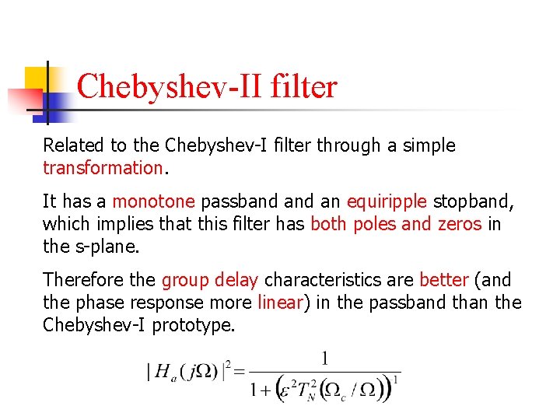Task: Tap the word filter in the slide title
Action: pyautogui.click(x=304, y=86)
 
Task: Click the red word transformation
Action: pyautogui.click(x=102, y=167)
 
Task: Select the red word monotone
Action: pyautogui.click(x=153, y=201)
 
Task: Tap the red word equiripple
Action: pyautogui.click(x=387, y=201)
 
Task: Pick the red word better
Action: pyautogui.click(x=443, y=280)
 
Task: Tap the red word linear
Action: pyautogui.click(x=279, y=303)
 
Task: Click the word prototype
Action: pyautogui.click(x=193, y=325)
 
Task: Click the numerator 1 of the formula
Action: pyautogui.click(x=325, y=359)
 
